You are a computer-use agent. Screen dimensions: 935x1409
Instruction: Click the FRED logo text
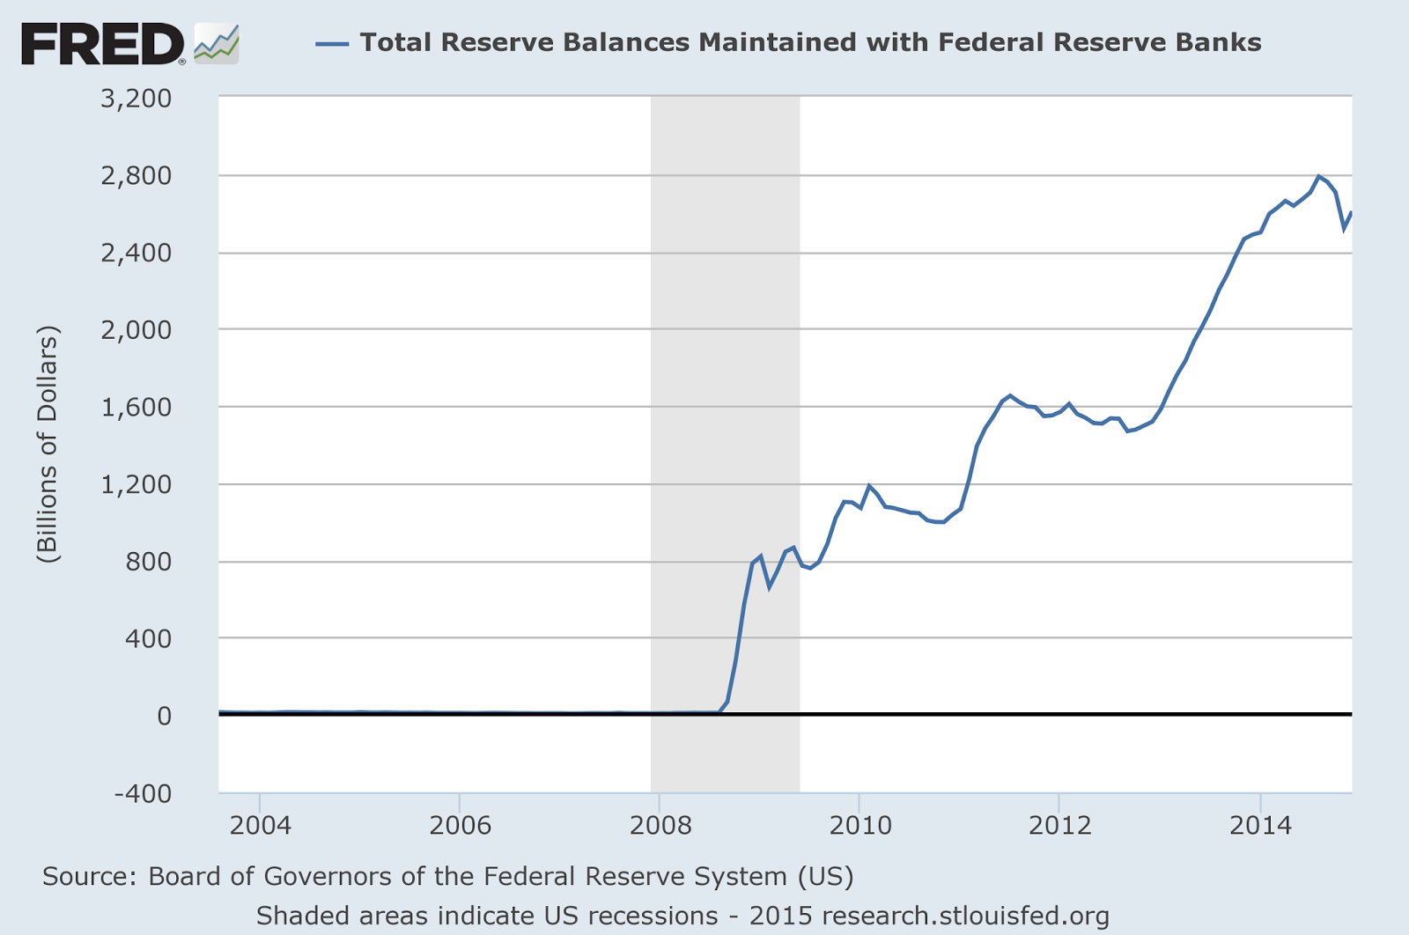tap(102, 44)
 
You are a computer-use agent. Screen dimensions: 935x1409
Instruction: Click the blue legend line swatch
tap(332, 43)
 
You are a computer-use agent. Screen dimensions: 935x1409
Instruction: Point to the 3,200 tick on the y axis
tap(136, 98)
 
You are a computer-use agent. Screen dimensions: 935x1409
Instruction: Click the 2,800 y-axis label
tap(136, 176)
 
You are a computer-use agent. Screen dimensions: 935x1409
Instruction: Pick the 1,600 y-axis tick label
tap(136, 408)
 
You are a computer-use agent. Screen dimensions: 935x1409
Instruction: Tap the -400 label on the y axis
tap(143, 793)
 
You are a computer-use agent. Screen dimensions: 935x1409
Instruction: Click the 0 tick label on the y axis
tap(164, 716)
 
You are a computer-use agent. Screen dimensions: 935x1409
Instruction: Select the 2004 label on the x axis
tap(260, 826)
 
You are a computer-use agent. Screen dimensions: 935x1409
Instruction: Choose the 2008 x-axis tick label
tap(659, 826)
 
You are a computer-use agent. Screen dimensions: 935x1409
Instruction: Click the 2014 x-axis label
tap(1260, 826)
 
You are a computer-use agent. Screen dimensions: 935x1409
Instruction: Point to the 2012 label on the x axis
tap(1059, 826)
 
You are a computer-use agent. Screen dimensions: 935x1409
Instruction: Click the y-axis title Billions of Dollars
tap(48, 445)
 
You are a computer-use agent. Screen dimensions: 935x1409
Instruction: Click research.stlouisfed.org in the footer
tap(965, 916)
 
